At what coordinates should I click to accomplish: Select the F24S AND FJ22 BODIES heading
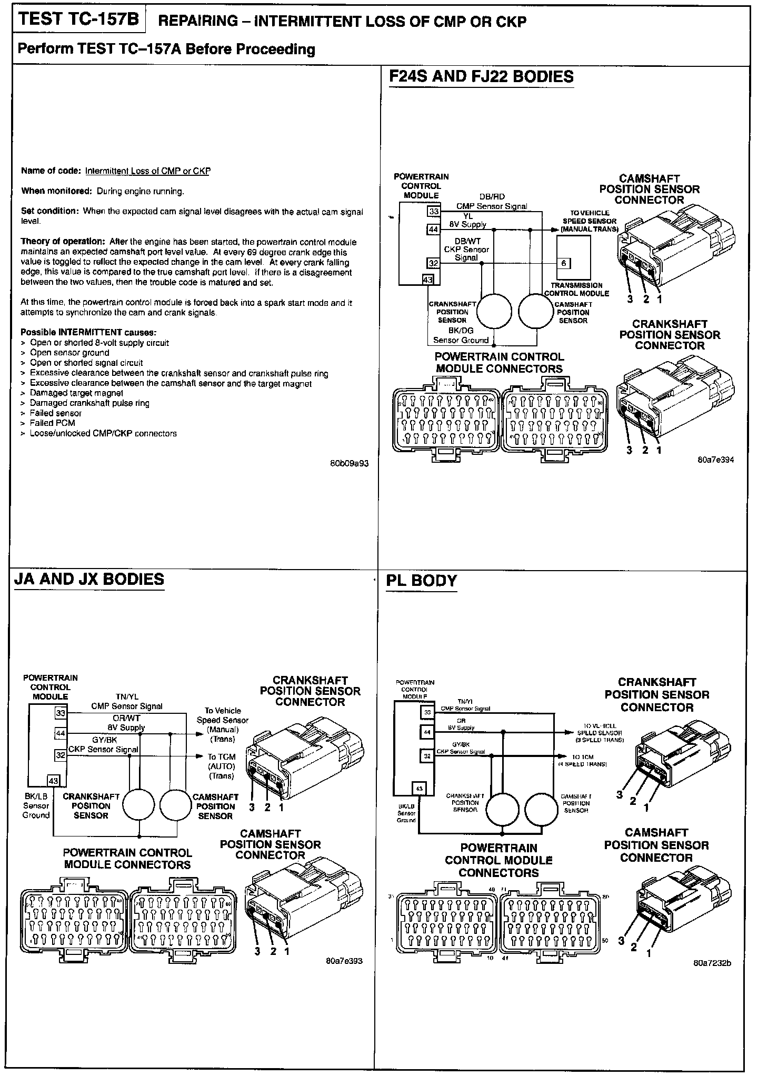coord(481,77)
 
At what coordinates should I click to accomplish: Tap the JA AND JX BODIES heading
coord(89,579)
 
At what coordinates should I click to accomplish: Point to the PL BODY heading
coord(421,581)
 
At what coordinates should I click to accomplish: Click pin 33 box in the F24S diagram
coord(434,212)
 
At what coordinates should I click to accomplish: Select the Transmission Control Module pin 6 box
coord(563,263)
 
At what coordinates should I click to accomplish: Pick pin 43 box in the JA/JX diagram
coord(54,780)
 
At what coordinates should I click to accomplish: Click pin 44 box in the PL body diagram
coord(427,732)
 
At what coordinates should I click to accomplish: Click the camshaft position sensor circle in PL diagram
coord(541,809)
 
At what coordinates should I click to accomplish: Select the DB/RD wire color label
coord(492,197)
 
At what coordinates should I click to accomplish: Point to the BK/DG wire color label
coord(461,331)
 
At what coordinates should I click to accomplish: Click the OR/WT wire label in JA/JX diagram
coord(126,718)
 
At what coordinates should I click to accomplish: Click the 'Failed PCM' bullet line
coord(52,423)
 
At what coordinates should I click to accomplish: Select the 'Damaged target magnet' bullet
coord(76,393)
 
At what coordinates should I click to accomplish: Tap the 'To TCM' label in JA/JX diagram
coord(222,756)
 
